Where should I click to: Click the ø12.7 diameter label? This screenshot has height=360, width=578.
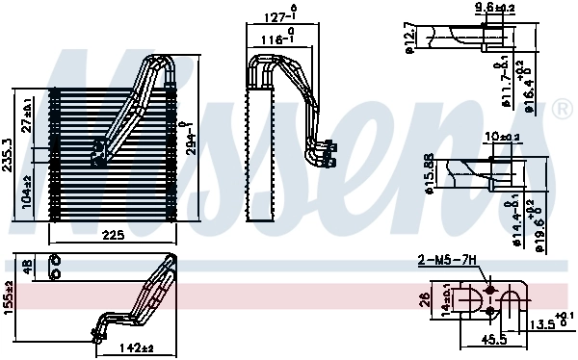(x=410, y=39)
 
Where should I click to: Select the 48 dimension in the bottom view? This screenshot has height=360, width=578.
(x=28, y=268)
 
